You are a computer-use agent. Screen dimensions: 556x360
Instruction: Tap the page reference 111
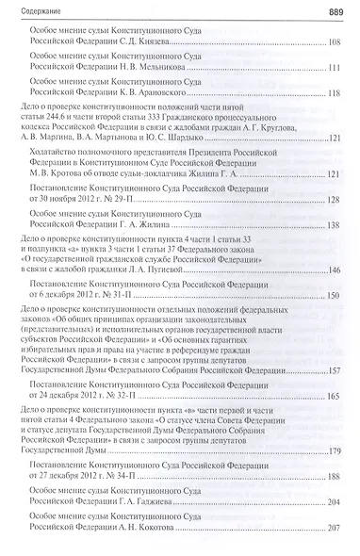point(334,68)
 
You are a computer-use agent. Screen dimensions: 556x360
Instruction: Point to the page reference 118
point(334,93)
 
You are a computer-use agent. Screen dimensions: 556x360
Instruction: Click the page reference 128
point(334,201)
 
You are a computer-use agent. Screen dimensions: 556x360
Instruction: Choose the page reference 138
point(334,226)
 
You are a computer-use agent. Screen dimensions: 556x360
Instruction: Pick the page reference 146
point(334,270)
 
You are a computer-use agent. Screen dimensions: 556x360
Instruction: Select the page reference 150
point(334,295)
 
